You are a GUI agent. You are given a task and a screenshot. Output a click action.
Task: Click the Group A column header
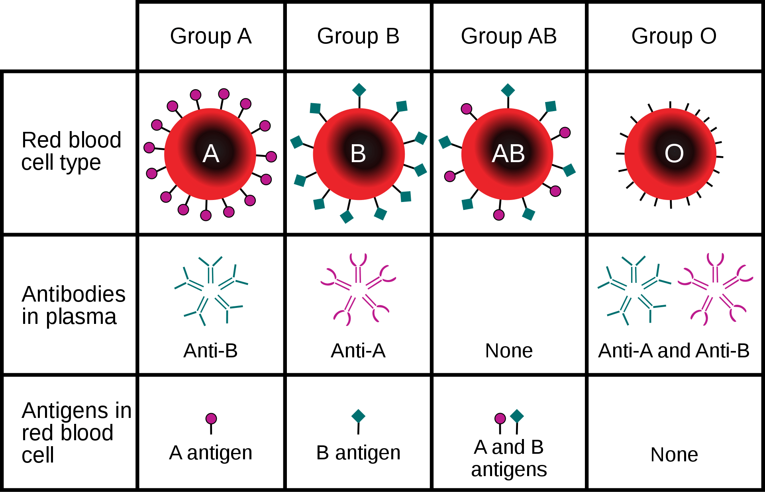tap(211, 37)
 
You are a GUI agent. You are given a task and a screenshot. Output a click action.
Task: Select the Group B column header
tap(358, 37)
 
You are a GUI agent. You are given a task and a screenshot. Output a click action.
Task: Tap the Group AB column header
tap(509, 37)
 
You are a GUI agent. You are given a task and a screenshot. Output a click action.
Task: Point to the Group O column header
tap(674, 37)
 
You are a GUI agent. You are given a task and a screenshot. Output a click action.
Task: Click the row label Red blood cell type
tap(71, 151)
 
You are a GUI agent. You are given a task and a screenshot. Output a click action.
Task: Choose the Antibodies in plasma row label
tap(74, 306)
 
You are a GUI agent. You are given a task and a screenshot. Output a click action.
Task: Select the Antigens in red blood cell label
tap(76, 432)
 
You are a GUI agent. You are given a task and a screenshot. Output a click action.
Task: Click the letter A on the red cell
tap(211, 153)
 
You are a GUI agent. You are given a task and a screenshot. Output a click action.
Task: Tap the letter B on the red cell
tap(358, 153)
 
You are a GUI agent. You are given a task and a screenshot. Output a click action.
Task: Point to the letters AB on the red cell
tap(508, 153)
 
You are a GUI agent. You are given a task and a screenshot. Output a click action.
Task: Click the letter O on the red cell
tap(674, 153)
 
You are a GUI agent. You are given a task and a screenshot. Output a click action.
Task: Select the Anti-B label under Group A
tap(210, 351)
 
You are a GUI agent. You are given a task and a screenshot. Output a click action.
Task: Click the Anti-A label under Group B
tap(358, 351)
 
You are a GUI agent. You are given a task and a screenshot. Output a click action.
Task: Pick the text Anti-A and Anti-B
tap(674, 351)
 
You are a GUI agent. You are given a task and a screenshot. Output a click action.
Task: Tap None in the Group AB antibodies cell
tap(509, 351)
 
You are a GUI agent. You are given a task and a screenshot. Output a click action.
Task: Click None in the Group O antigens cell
tap(674, 455)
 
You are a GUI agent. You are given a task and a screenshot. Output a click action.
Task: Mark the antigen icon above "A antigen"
tap(211, 423)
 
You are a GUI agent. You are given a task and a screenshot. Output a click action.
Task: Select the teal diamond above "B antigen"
tap(358, 416)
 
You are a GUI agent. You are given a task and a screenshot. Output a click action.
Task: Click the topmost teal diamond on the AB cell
tap(508, 90)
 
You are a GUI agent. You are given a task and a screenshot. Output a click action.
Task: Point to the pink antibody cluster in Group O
tap(715, 289)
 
